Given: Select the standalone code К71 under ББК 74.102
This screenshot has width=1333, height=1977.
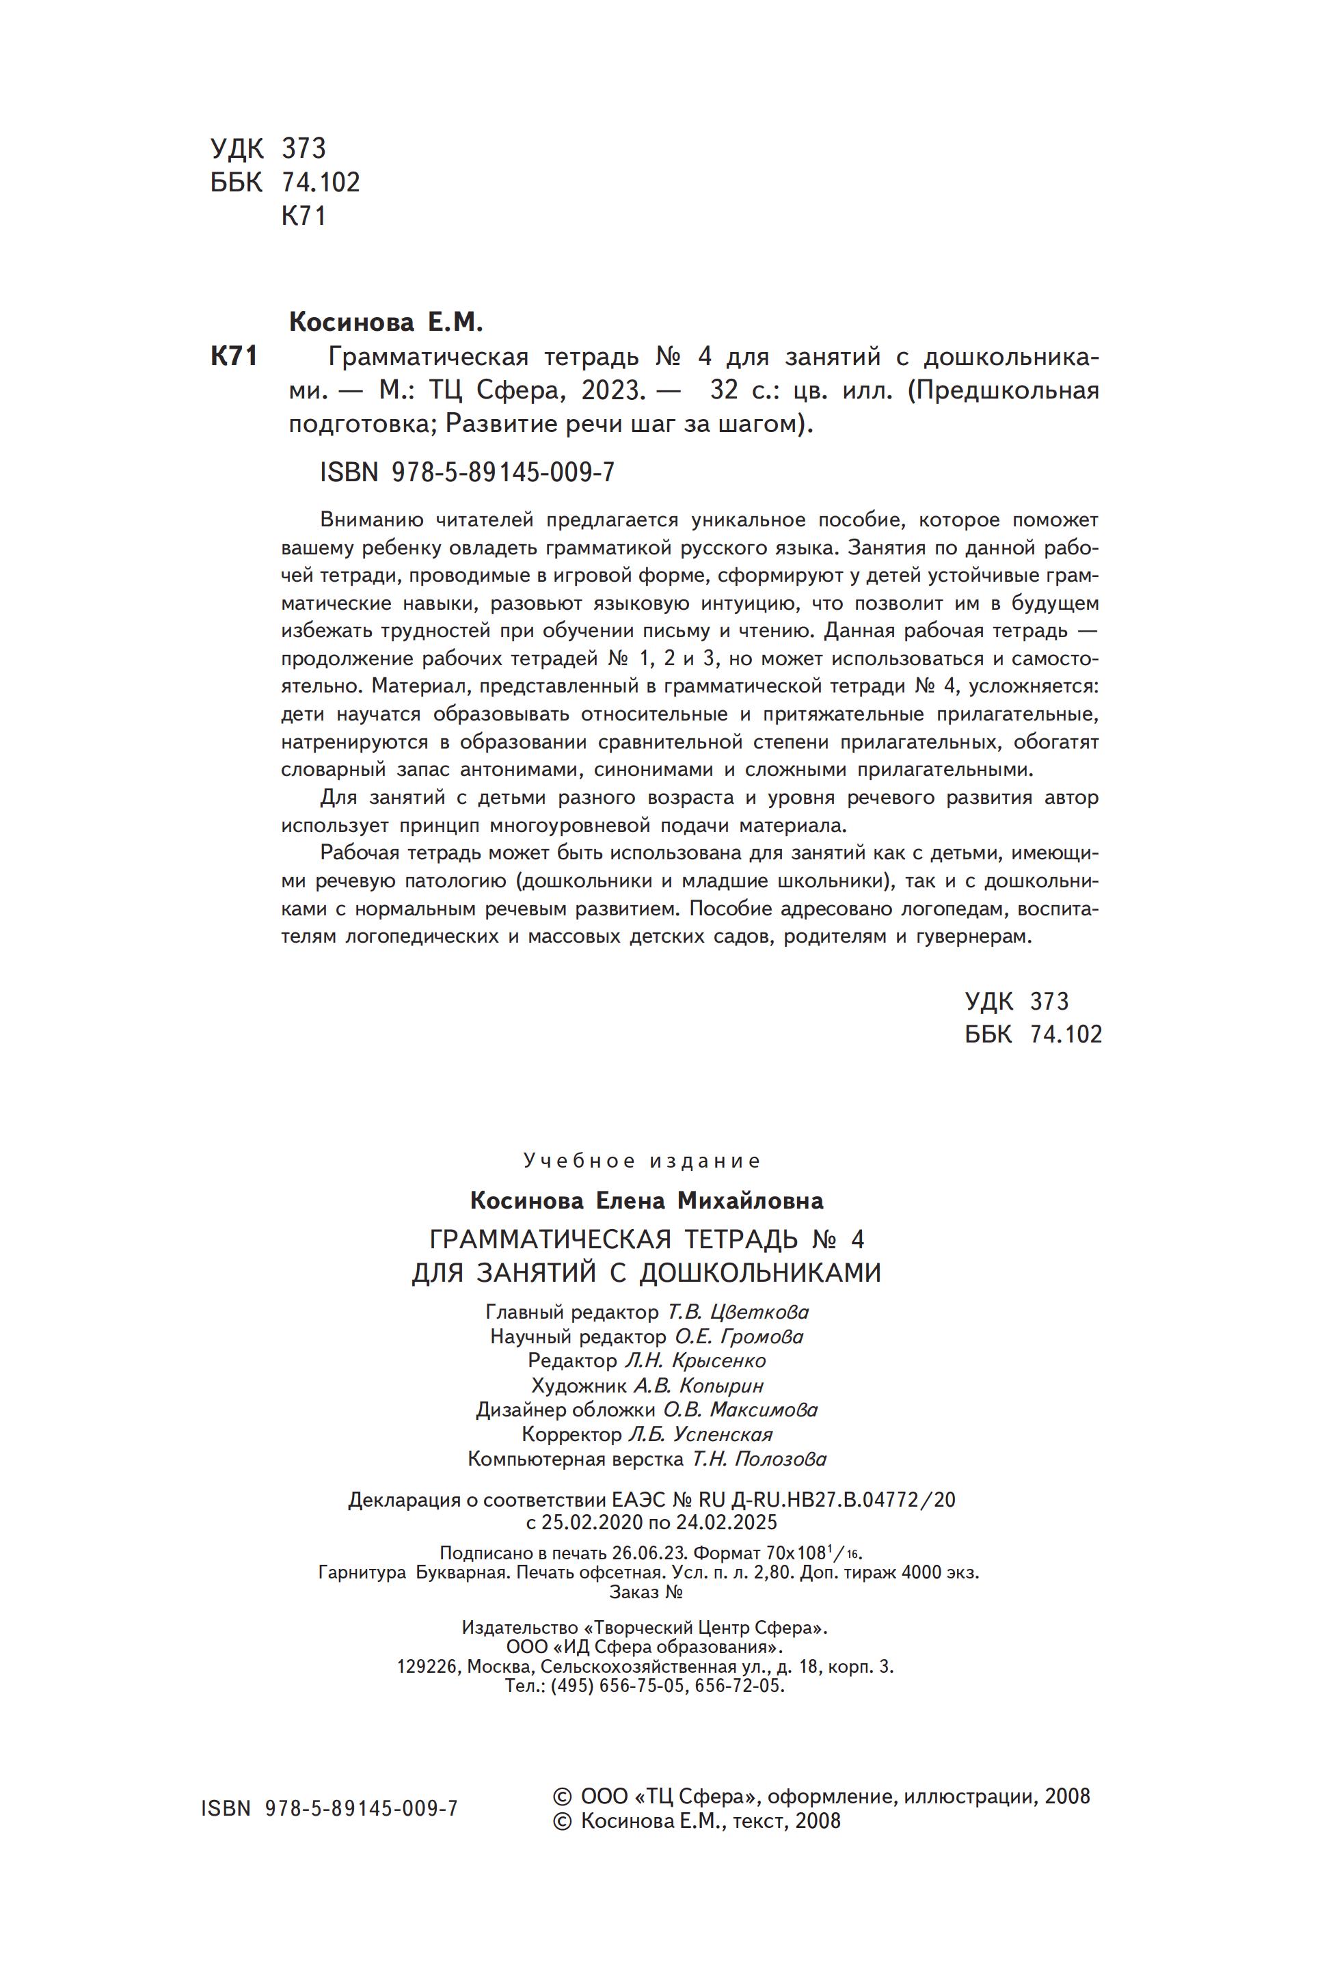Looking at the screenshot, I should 304,216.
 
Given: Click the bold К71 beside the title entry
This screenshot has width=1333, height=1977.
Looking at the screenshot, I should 234,357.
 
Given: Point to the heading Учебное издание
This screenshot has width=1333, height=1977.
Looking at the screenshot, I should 642,1161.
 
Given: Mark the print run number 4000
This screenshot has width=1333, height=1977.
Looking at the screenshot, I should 925,1572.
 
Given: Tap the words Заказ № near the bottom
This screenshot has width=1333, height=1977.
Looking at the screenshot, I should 646,1592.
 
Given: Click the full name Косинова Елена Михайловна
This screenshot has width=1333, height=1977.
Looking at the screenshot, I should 646,1200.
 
